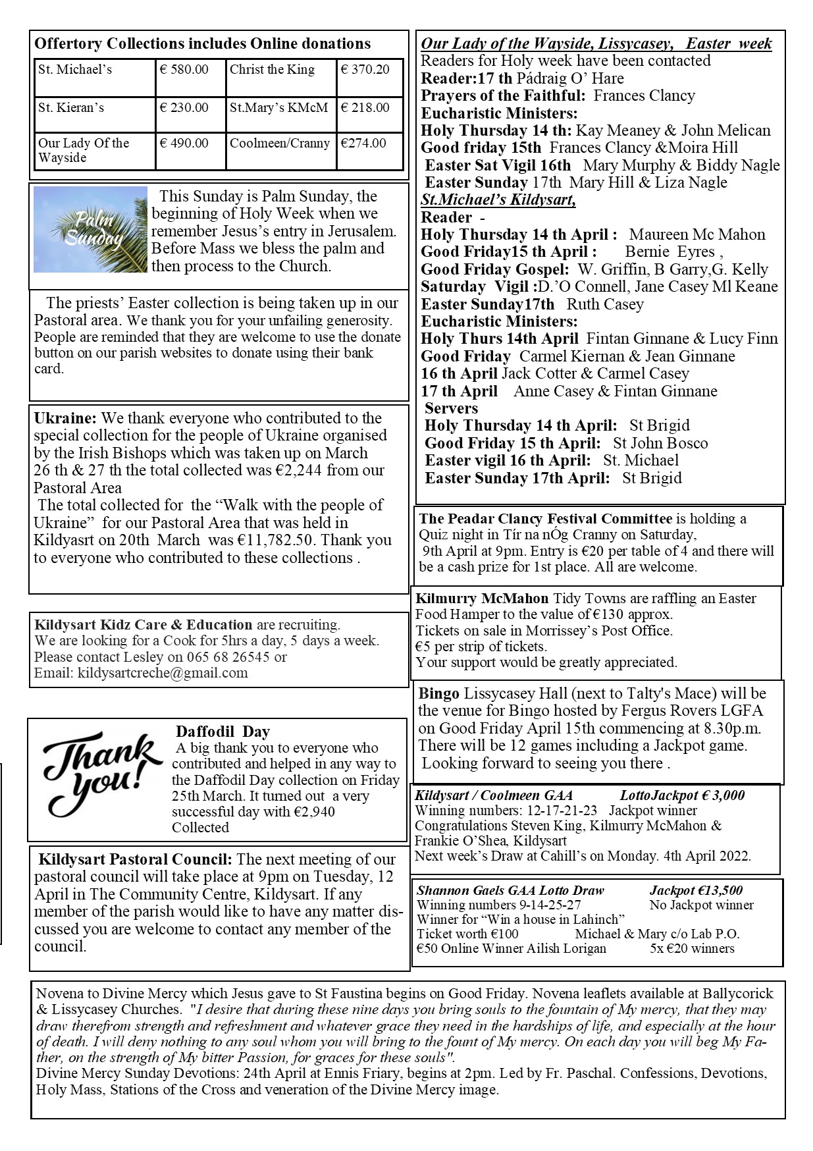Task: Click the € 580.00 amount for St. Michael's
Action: (184, 70)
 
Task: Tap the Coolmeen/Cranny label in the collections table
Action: (279, 144)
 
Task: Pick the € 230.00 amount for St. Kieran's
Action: (184, 108)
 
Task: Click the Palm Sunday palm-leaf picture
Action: (90, 229)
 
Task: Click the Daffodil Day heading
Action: (223, 732)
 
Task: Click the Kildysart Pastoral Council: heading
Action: (135, 859)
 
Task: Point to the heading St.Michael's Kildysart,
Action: (498, 200)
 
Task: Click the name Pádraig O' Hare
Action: (570, 78)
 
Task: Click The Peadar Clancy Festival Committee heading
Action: (545, 519)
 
